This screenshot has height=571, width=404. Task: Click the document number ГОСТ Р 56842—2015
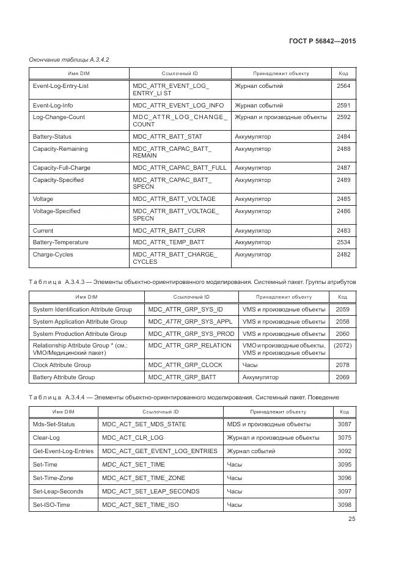pyautogui.click(x=321, y=41)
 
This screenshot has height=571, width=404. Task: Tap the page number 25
pyautogui.click(x=351, y=519)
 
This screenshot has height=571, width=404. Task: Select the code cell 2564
pyautogui.click(x=343, y=86)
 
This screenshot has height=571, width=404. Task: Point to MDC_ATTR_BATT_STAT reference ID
pyautogui.click(x=167, y=137)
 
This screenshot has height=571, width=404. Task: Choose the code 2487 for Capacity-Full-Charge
pyautogui.click(x=343, y=168)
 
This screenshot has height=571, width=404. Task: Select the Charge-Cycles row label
pyautogui.click(x=54, y=255)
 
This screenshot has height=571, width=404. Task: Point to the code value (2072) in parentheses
pyautogui.click(x=342, y=346)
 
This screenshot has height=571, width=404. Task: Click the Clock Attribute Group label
pyautogui.click(x=62, y=365)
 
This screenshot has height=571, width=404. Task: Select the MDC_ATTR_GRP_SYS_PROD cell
pyautogui.click(x=191, y=334)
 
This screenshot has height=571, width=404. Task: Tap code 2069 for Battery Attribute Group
pyautogui.click(x=342, y=377)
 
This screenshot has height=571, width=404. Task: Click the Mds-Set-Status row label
pyautogui.click(x=54, y=424)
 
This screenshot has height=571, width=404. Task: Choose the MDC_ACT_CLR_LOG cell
pyautogui.click(x=133, y=438)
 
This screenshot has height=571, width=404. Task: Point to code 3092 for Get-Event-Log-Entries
pyautogui.click(x=345, y=451)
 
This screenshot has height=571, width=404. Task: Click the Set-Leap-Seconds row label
pyautogui.click(x=59, y=492)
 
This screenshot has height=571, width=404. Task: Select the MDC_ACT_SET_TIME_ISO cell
pyautogui.click(x=141, y=505)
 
